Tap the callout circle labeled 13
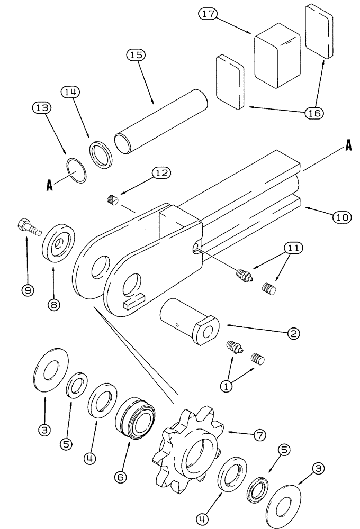(x=43, y=108)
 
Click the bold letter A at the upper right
(x=348, y=148)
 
